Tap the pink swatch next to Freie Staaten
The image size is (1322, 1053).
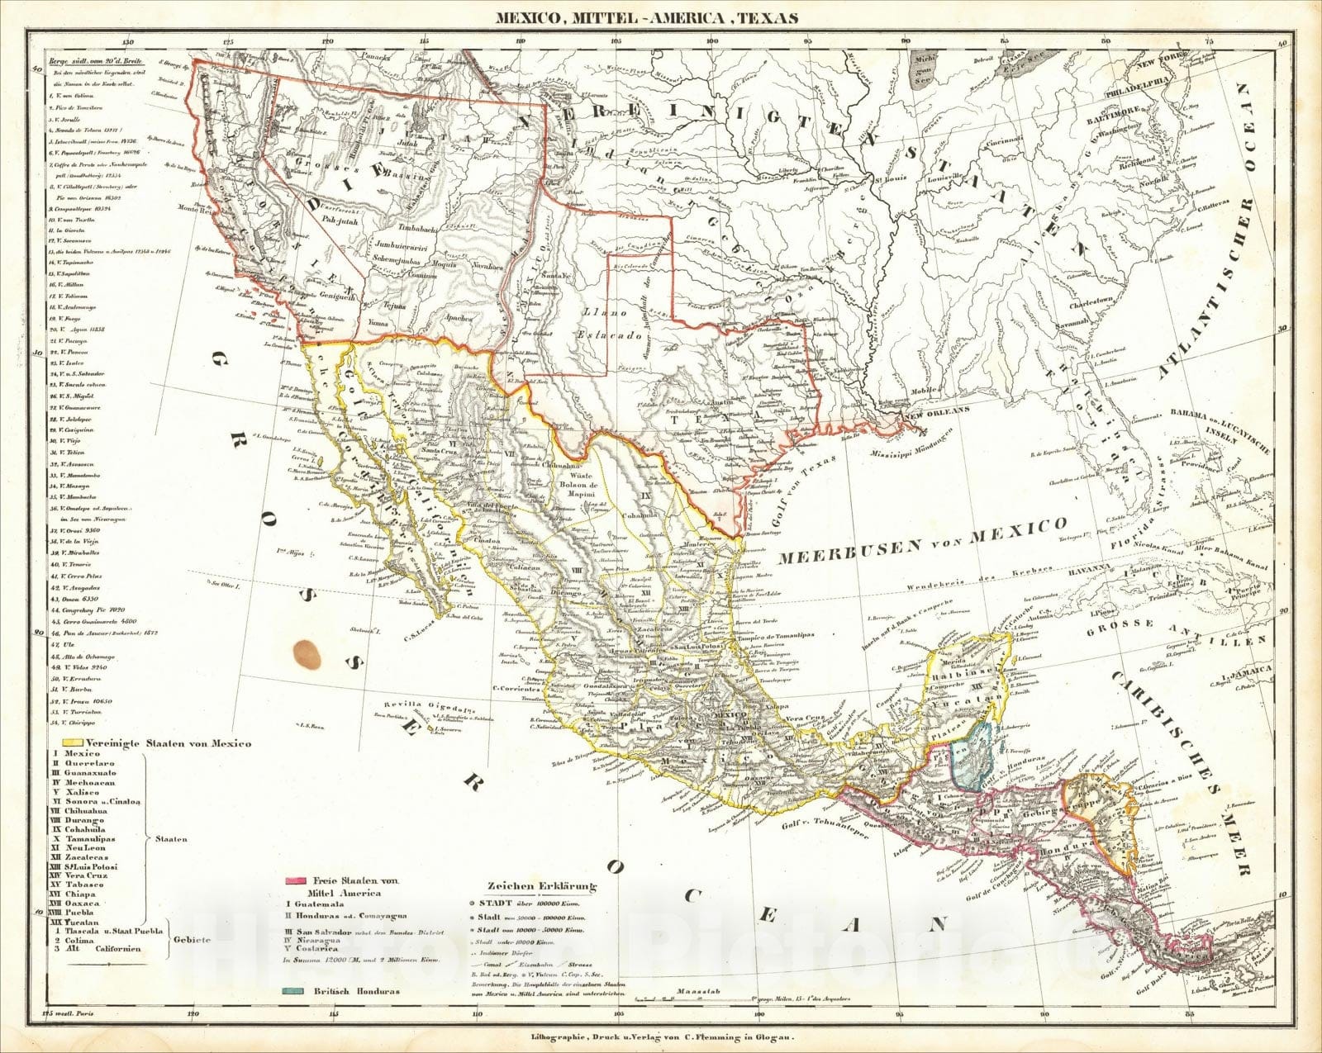coord(295,882)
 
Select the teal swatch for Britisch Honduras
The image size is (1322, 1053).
coord(295,990)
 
